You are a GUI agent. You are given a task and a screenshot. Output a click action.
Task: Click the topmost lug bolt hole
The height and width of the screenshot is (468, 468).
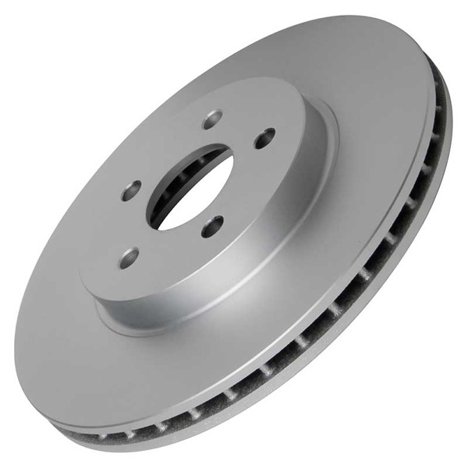212,119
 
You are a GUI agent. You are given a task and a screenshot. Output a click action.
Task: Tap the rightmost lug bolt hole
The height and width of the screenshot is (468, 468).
265,137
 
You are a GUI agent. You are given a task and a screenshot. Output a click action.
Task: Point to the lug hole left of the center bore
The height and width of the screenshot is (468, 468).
132,190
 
